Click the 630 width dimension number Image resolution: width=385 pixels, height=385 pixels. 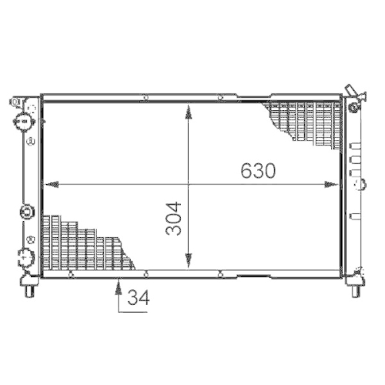(258, 170)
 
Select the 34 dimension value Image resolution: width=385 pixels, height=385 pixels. (138, 296)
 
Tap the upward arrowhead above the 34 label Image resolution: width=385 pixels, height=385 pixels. (118, 283)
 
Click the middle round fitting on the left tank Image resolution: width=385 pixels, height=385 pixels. (24, 210)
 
